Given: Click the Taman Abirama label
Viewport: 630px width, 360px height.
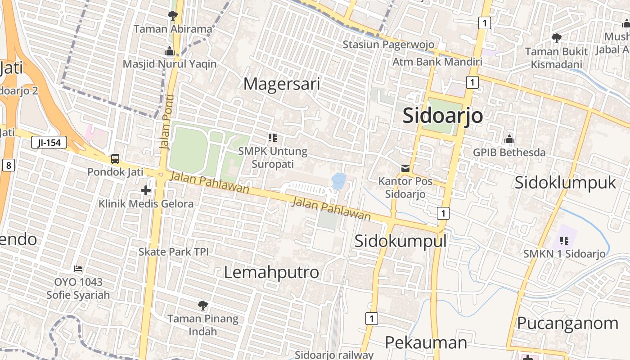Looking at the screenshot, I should point(173,29).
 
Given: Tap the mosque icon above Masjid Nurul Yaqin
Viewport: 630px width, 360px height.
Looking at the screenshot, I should point(170,51).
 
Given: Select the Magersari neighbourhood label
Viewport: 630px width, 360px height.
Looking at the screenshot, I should point(282,84).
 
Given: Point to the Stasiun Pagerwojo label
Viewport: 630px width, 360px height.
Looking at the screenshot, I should point(388,45).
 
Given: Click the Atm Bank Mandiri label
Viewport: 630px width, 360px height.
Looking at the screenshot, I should point(437,62).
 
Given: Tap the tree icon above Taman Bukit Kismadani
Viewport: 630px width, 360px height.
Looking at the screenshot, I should point(557,38).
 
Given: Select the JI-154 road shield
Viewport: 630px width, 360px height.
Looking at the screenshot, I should point(49,143).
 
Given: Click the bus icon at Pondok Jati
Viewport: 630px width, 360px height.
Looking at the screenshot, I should point(115,159).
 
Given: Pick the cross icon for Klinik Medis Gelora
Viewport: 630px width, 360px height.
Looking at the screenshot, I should point(146,190).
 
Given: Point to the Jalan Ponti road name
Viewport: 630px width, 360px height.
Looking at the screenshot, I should point(166,121).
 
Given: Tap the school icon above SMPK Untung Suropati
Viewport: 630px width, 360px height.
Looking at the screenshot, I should point(273,138).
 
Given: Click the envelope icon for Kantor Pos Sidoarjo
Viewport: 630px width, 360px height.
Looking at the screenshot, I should point(405,168).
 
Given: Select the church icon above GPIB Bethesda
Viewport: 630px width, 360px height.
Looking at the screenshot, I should point(509,139).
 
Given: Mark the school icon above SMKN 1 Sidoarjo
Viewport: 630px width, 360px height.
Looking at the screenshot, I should point(564,241).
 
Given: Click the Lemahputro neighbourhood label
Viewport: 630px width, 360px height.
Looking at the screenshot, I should point(271,272).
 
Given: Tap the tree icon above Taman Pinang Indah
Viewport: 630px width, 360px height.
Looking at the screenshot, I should point(203,306).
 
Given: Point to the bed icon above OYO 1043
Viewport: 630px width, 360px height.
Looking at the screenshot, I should point(78,269).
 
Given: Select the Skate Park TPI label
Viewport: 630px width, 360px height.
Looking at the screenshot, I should point(173,252).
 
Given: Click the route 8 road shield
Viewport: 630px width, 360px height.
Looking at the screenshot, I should point(9,165).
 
